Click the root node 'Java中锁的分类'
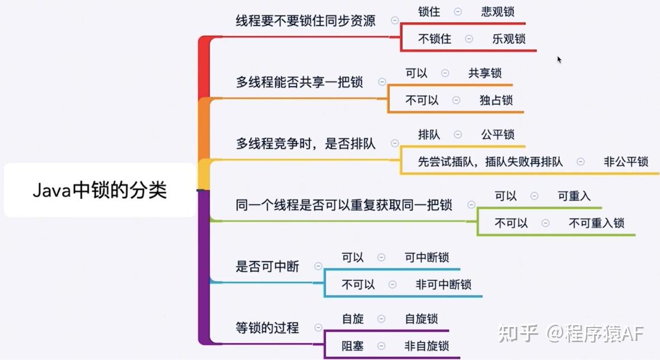pyautogui.click(x=100, y=190)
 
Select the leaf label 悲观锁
pyautogui.click(x=498, y=12)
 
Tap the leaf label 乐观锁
pyautogui.click(x=509, y=39)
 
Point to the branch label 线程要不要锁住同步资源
pyautogui.click(x=305, y=21)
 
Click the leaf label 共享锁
pyautogui.click(x=485, y=73)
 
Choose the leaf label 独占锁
pyautogui.click(x=497, y=100)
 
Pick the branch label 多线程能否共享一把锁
pyautogui.click(x=299, y=82)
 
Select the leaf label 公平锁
pyautogui.click(x=498, y=135)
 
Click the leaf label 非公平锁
pyautogui.click(x=626, y=162)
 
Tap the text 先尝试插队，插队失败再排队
pyautogui.click(x=490, y=162)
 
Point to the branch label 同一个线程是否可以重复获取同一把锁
pyautogui.click(x=344, y=205)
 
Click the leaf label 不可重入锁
pyautogui.click(x=596, y=223)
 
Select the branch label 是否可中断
pyautogui.click(x=267, y=266)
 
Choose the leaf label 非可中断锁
pyautogui.click(x=443, y=284)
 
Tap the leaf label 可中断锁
pyautogui.click(x=427, y=258)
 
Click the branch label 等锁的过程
pyautogui.click(x=267, y=328)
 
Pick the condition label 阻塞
pyautogui.click(x=352, y=346)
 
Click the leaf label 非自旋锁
pyautogui.click(x=427, y=346)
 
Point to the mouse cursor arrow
pyautogui.click(x=559, y=59)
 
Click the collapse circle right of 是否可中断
pyautogui.click(x=318, y=266)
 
